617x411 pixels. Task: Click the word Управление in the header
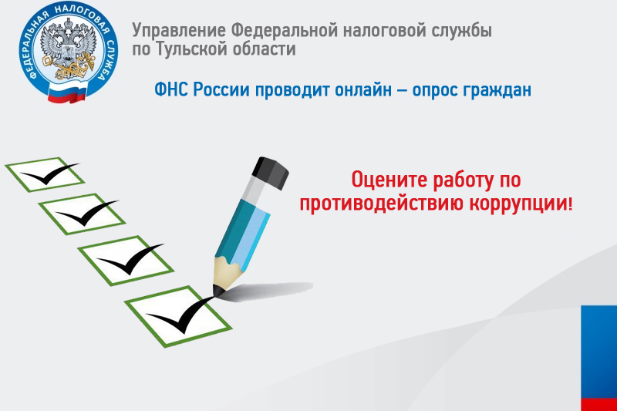[x=179, y=32]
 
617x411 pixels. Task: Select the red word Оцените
[x=389, y=180]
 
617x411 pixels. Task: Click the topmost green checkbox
[x=45, y=174]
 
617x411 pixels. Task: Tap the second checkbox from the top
[x=82, y=214]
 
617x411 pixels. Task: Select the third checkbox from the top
[x=126, y=261]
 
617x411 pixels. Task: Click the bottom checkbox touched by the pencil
[x=178, y=317]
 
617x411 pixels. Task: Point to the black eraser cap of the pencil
[x=271, y=172]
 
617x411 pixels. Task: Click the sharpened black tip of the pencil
[x=218, y=291]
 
